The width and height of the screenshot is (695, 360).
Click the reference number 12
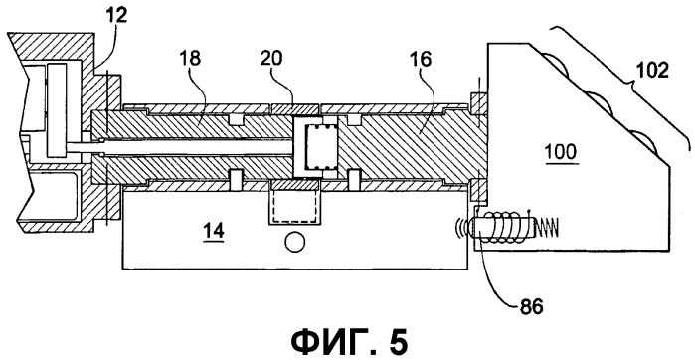117,16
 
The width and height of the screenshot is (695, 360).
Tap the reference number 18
190,58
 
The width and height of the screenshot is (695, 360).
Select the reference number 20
270,58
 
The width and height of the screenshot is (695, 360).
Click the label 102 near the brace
651,70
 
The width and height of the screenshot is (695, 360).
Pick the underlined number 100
561,152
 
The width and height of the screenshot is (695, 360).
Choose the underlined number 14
213,231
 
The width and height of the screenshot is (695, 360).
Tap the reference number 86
532,307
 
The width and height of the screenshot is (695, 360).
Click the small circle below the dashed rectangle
294,243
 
